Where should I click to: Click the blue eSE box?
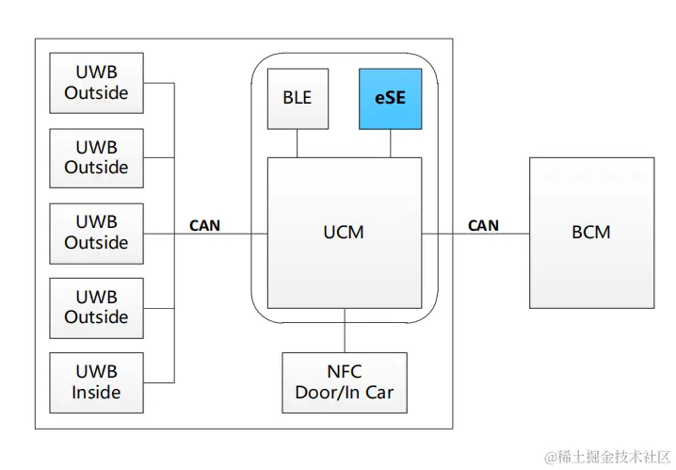(390, 98)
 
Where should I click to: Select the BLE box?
(298, 98)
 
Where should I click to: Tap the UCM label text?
(344, 232)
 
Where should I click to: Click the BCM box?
(591, 232)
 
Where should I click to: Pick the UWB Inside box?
(96, 382)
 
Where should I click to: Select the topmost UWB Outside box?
(96, 83)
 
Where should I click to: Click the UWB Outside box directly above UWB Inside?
(96, 308)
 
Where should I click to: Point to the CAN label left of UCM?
(205, 225)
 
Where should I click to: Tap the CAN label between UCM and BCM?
(483, 225)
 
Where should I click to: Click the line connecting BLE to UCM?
(298, 143)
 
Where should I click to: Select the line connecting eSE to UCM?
(390, 143)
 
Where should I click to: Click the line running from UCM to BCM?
(475, 233)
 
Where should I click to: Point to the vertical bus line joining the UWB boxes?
(174, 188)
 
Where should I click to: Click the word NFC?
(345, 372)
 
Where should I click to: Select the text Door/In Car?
(345, 393)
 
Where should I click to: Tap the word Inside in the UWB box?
(96, 393)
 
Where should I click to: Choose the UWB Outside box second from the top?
(96, 157)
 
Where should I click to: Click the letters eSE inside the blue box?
(390, 98)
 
